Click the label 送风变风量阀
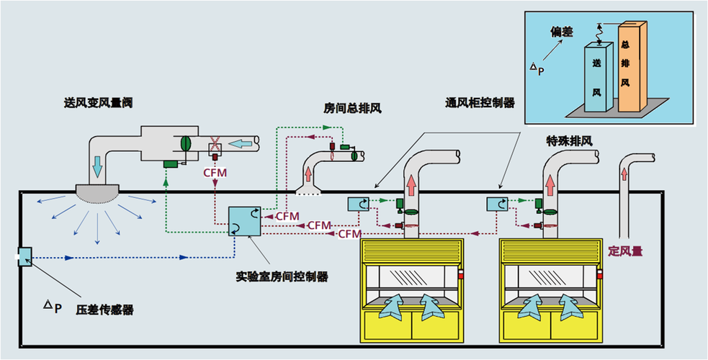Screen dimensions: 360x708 (98, 103)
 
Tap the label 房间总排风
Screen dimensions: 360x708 (352, 108)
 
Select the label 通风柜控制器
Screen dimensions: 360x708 (480, 102)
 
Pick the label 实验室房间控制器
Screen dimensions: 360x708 (282, 276)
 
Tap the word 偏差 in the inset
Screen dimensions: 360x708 (563, 32)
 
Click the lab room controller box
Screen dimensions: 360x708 (245, 221)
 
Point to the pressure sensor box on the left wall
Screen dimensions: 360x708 (24, 256)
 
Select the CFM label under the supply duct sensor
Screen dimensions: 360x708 (215, 173)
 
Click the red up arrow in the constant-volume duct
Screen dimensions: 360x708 (624, 173)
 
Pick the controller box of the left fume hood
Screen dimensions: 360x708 (358, 204)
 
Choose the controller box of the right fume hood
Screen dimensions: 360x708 (496, 204)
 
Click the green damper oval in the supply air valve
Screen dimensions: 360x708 (185, 143)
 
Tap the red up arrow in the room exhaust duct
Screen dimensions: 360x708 (308, 174)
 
